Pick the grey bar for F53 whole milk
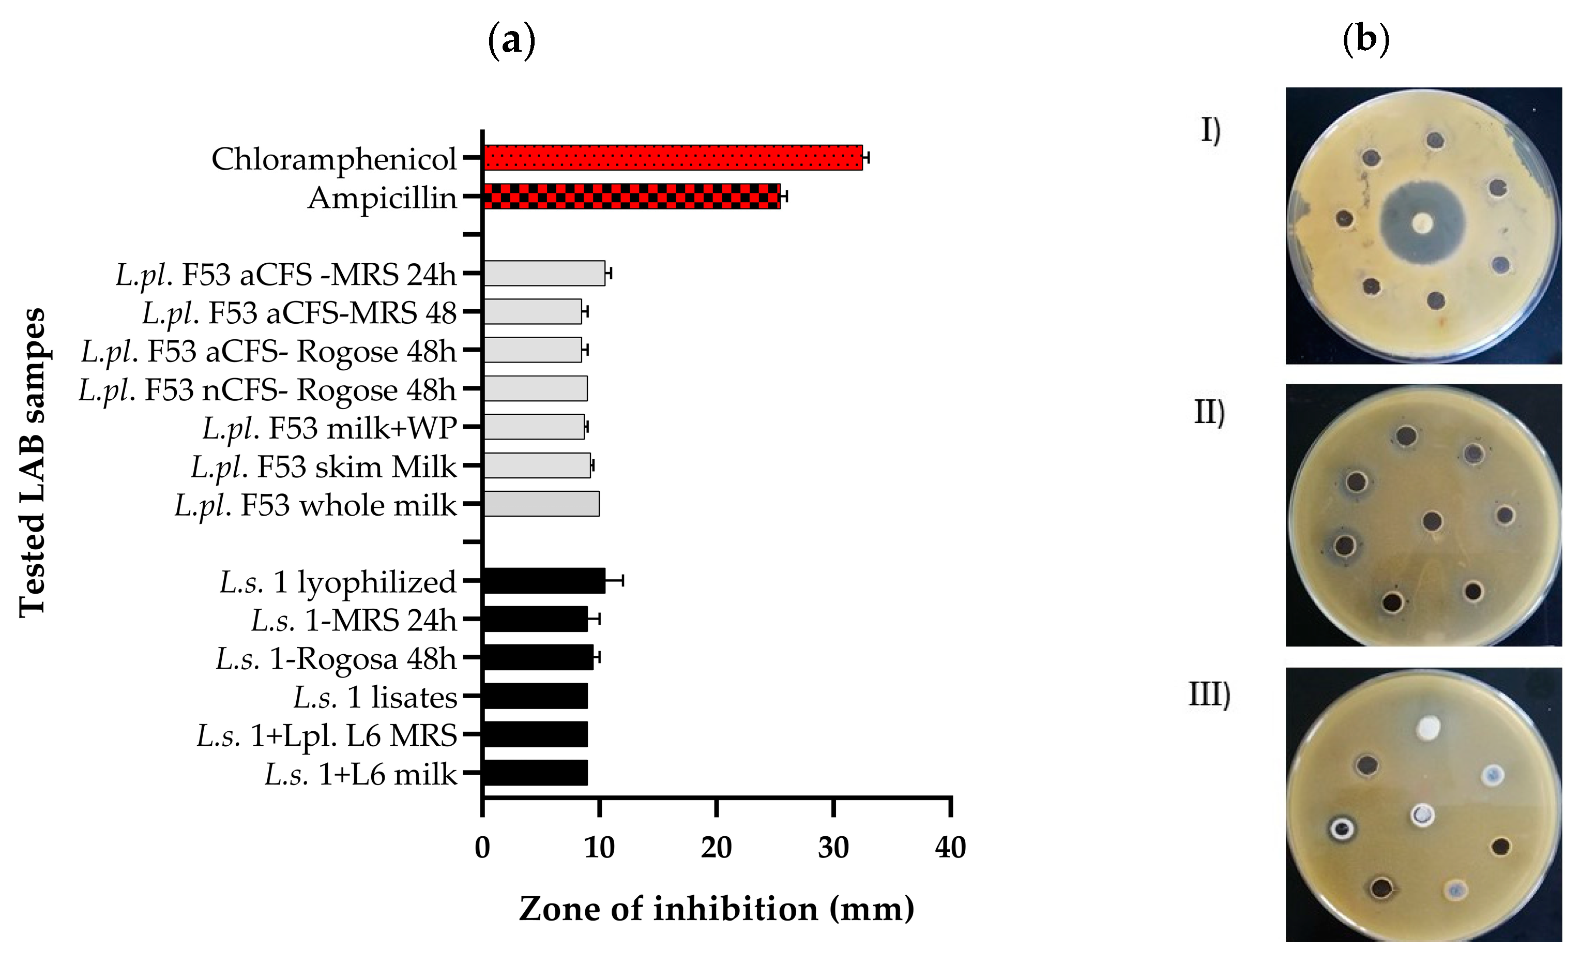click(x=541, y=504)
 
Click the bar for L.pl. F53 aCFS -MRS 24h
click(x=544, y=273)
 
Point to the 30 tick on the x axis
click(x=833, y=848)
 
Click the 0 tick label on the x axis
click(x=482, y=848)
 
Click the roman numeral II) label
click(x=1209, y=412)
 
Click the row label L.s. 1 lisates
click(x=375, y=697)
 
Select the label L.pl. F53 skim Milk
click(x=323, y=467)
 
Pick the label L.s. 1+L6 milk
click(x=360, y=775)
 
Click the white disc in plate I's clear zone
click(x=1422, y=223)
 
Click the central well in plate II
click(x=1432, y=521)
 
